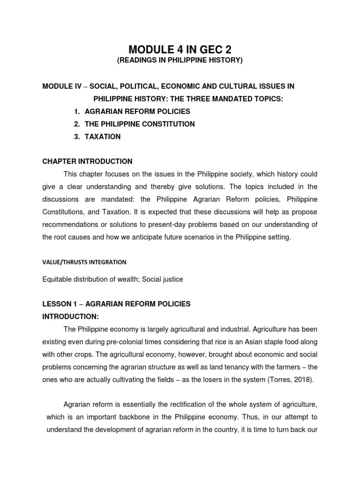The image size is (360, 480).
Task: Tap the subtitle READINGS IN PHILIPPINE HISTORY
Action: [x=180, y=61]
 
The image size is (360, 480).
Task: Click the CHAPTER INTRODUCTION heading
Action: [x=87, y=161]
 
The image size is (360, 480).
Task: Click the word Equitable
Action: [x=57, y=279]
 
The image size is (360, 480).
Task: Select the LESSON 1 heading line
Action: [x=116, y=304]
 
